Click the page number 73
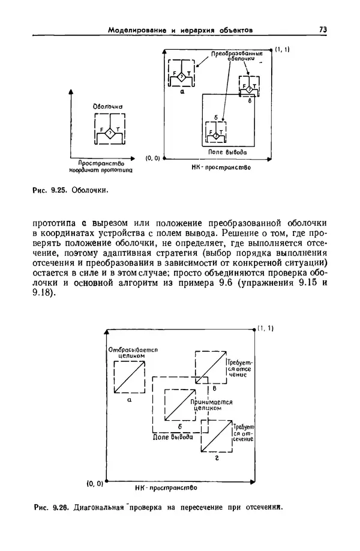click(322, 29)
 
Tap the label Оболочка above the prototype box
click(108, 107)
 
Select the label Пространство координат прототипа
click(101, 166)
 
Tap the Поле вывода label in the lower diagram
click(173, 438)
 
